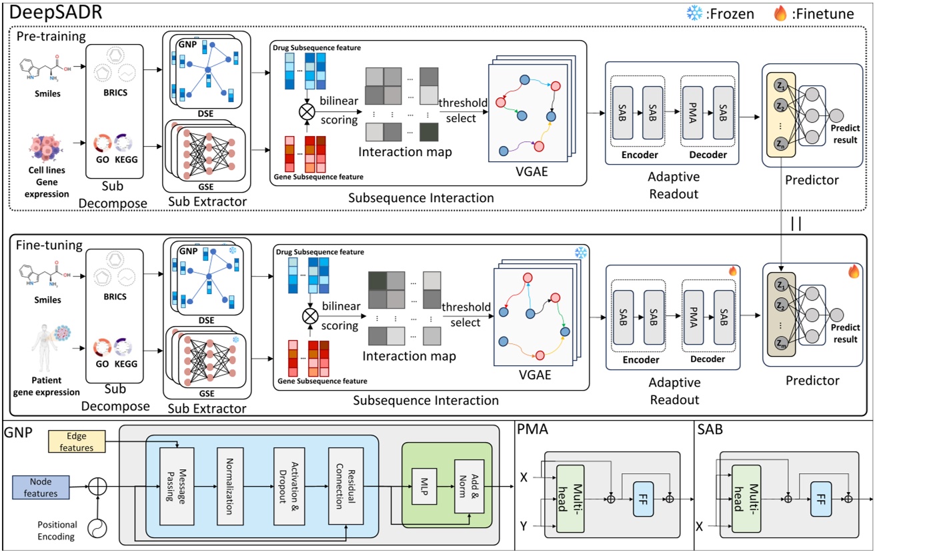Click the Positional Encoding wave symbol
click(99, 527)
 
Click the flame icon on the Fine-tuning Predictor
click(853, 271)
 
